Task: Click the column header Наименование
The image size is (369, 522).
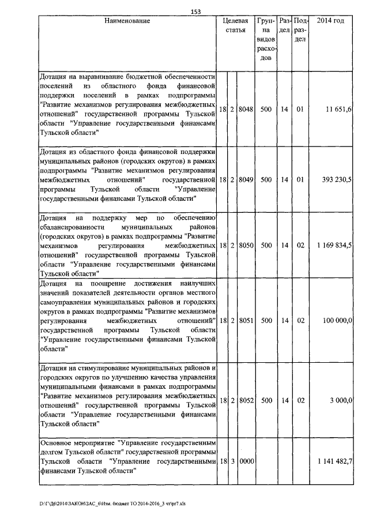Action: pos(127,21)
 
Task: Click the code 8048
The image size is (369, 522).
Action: pos(246,108)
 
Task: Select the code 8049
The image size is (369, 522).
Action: pos(246,180)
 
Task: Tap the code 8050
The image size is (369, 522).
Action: pos(246,246)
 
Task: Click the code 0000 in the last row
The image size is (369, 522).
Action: pos(246,461)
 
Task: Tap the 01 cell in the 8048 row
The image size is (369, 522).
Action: pos(300,108)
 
